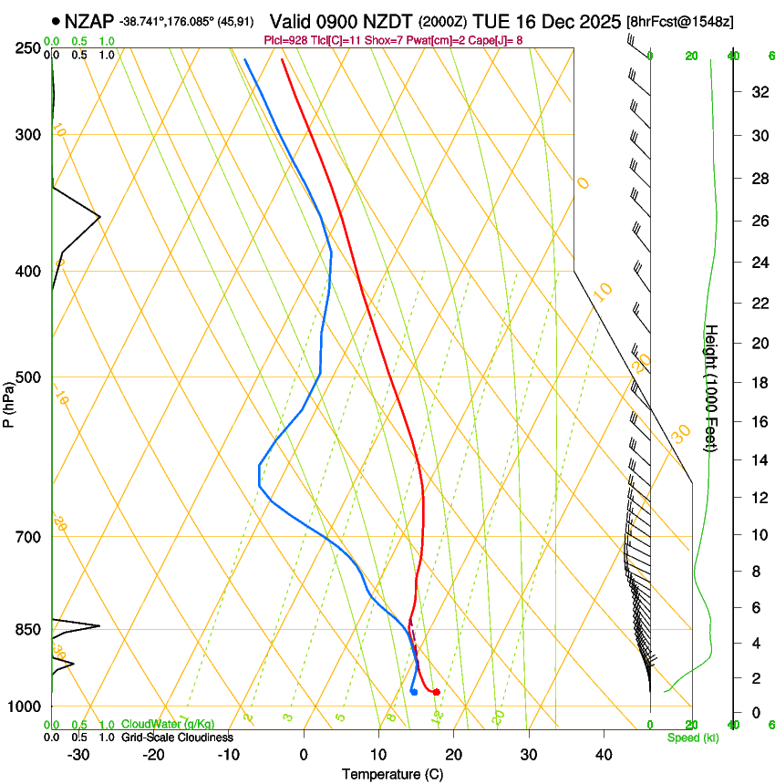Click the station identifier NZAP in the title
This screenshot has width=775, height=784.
[x=90, y=20]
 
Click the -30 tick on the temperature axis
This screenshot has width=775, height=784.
[x=78, y=755]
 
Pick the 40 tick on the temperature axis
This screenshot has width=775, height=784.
[x=604, y=755]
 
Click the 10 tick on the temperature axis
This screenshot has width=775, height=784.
[x=378, y=755]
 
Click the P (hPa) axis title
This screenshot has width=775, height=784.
[x=8, y=402]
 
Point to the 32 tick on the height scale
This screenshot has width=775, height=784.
[x=756, y=91]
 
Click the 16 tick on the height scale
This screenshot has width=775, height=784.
[x=756, y=421]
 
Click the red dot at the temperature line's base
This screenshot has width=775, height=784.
[x=436, y=692]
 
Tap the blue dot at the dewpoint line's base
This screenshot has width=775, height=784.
[x=414, y=692]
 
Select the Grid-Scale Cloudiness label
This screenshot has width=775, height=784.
[x=177, y=738]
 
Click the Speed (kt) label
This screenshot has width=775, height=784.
[x=692, y=738]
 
